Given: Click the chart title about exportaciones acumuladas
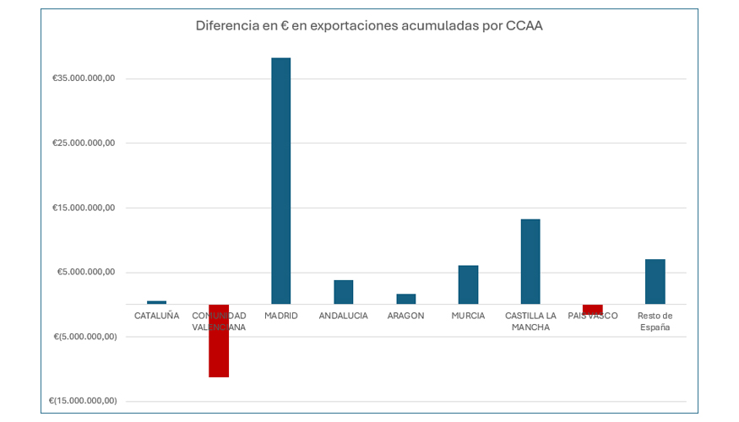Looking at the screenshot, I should (369, 25).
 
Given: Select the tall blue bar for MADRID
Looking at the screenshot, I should (280, 181).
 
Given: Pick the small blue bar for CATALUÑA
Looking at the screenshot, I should (156, 302).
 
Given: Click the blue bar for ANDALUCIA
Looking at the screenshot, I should (343, 292).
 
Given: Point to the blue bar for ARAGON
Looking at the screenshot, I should (405, 299).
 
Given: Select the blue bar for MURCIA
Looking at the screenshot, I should (468, 284).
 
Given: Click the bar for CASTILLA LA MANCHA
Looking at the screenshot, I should (530, 262).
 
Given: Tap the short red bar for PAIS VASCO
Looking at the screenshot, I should (592, 309).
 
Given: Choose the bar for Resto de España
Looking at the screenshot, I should (655, 281).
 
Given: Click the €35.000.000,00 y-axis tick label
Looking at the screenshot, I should (84, 78).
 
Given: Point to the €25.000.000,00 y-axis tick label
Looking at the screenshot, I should (84, 143).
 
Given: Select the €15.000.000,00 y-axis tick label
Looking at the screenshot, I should (84, 208).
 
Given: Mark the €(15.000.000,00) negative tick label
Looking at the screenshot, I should (82, 401).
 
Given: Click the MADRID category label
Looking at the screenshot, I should (280, 316).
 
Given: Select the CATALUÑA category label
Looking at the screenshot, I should (156, 316).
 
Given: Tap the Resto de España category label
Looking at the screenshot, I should (655, 321).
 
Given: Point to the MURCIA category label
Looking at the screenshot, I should (468, 316).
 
